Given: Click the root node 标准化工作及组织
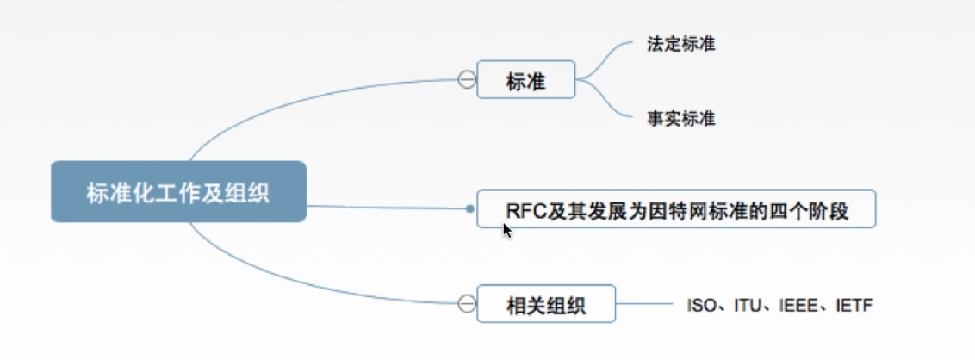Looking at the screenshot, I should pos(178,192).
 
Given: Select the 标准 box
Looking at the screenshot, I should pos(525,81).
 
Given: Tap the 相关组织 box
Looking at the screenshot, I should pos(546,304).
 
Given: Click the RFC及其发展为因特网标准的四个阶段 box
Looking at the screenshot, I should pos(676,209).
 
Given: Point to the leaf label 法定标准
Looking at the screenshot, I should pos(680,44).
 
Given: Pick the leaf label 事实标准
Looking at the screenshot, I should pos(680,119).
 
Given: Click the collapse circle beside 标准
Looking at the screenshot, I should pos(466,81).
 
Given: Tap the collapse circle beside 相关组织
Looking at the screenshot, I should pos(466,303).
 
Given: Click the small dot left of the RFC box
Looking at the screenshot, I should pos(469,208).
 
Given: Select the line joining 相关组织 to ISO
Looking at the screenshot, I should pos(646,304).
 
